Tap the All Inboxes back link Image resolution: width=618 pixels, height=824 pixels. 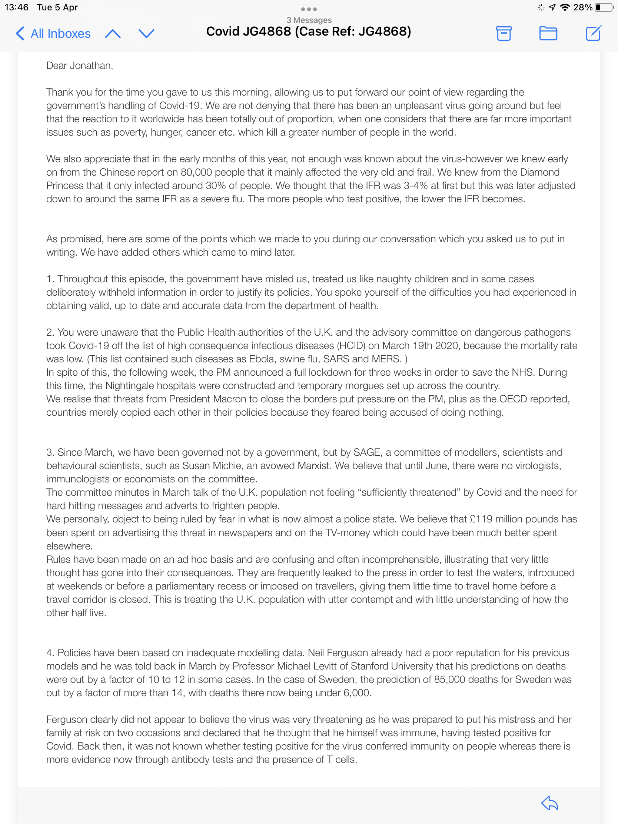53,33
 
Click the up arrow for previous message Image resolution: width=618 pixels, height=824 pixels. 113,34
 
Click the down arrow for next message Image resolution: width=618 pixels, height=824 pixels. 146,34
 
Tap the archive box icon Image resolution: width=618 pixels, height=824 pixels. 504,33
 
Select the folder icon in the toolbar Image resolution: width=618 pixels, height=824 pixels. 548,33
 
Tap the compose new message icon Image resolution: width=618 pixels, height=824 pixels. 593,33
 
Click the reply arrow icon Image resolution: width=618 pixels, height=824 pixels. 549,804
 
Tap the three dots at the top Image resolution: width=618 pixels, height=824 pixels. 309,9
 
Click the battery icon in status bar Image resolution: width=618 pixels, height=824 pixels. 604,7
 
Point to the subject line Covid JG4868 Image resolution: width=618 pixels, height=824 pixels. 308,31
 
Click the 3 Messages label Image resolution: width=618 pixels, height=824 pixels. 309,20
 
